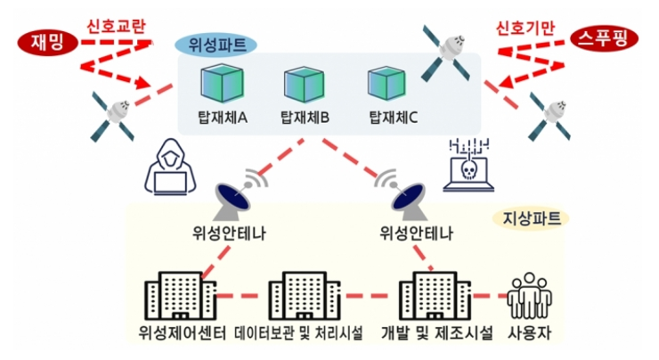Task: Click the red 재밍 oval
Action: coord(41,41)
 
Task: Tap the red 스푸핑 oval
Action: coord(601,41)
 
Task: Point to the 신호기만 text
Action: coord(525,27)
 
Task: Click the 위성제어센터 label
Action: coord(179,336)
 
